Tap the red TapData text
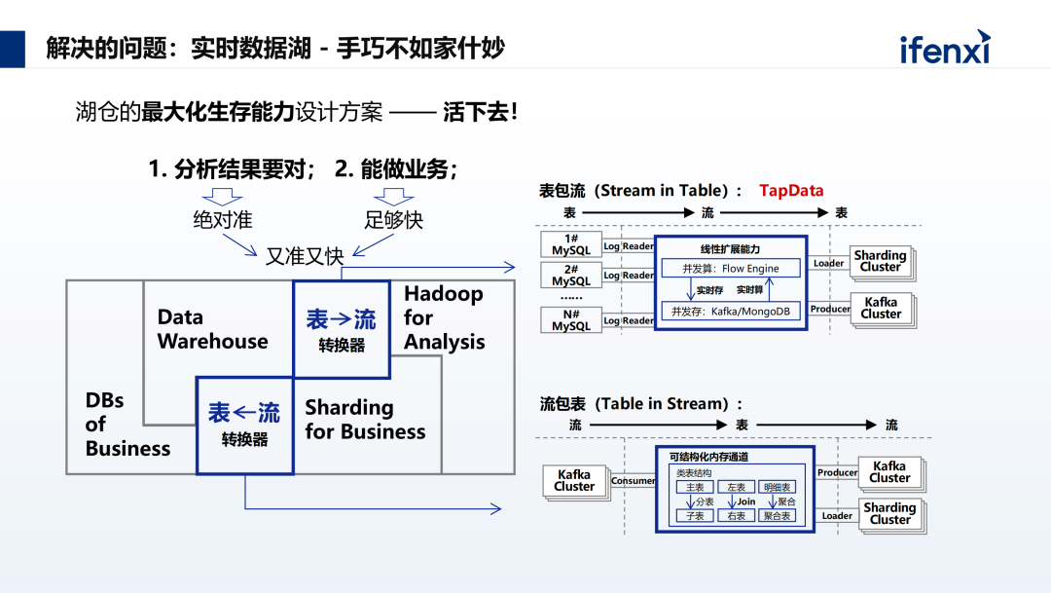tap(791, 191)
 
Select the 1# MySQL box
tap(571, 244)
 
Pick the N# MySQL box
tap(571, 319)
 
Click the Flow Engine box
tap(732, 268)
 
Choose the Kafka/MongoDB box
tap(732, 311)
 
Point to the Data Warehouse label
tap(212, 329)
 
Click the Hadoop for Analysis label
tap(444, 317)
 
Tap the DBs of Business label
tap(127, 425)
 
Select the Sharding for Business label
tap(365, 420)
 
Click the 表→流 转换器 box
tap(341, 330)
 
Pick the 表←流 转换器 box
tap(244, 426)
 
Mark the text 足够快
tap(394, 219)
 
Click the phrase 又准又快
tap(305, 256)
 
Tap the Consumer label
tap(633, 481)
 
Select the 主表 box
tap(695, 487)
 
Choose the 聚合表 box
tap(777, 516)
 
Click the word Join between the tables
tap(745, 501)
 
